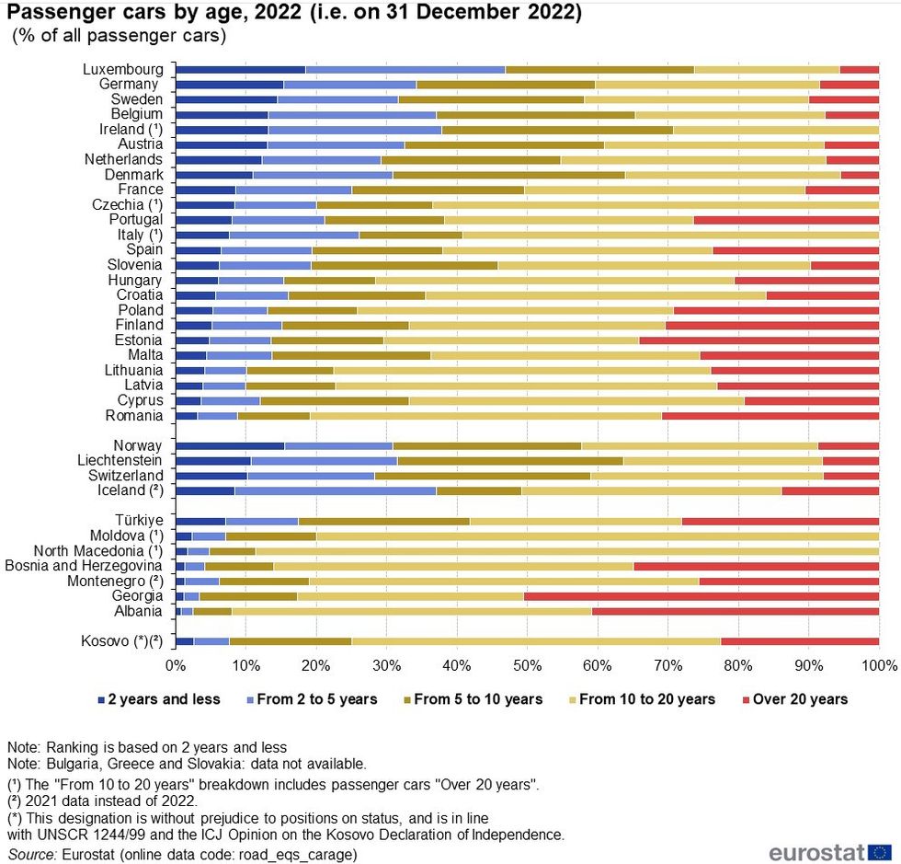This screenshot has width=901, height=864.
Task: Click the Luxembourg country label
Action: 123,69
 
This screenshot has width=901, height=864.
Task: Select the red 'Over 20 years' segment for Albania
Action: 736,611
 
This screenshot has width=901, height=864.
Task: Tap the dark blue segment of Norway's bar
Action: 230,445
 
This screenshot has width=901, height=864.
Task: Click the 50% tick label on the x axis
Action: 527,664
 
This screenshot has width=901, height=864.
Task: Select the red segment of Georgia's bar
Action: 701,596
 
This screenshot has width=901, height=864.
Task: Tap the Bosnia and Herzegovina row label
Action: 84,566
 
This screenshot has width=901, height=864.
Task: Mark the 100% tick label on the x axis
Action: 878,664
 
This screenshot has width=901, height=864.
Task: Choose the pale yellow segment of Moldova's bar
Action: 598,536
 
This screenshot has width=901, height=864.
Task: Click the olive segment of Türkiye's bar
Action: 383,521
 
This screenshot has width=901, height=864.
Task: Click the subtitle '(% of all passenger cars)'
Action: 119,37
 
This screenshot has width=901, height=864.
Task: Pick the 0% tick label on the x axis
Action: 176,664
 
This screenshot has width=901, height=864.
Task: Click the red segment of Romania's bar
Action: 770,416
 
